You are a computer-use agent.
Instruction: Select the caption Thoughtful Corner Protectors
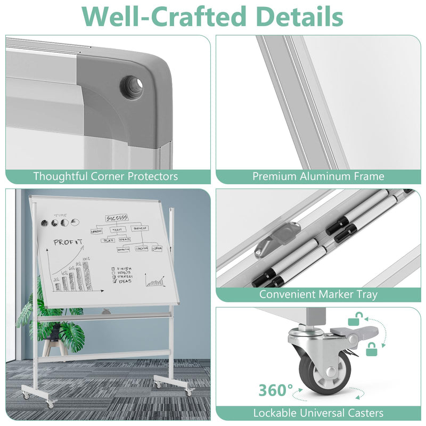[105, 176]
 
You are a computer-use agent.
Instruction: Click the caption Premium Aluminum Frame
[318, 176]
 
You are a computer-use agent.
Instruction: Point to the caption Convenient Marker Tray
[318, 294]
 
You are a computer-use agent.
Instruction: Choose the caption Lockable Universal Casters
[318, 413]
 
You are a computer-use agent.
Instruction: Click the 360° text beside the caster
[276, 390]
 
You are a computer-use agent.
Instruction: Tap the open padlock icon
[354, 319]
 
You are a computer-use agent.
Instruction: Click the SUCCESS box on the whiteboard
[117, 218]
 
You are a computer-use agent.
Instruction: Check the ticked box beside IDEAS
[113, 282]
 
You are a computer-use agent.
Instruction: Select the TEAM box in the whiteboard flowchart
[117, 230]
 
